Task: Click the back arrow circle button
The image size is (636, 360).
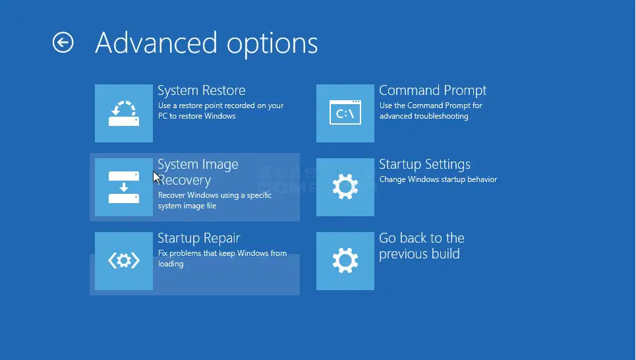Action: tap(63, 43)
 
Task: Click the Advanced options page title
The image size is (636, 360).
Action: tap(206, 44)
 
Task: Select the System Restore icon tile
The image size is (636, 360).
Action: tap(124, 113)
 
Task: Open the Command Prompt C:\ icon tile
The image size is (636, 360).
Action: tap(345, 113)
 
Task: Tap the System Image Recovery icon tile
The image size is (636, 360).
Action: tap(124, 187)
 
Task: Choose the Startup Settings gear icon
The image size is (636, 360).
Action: tap(345, 187)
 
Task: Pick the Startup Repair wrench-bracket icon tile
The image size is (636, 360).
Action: tap(124, 261)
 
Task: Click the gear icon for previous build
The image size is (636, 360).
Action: tap(345, 261)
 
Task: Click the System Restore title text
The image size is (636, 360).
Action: tap(202, 90)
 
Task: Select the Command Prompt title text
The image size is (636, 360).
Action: tap(433, 90)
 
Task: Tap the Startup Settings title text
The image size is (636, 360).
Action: tap(424, 164)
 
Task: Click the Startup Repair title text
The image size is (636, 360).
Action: tap(199, 238)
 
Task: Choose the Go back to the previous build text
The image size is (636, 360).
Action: tap(422, 246)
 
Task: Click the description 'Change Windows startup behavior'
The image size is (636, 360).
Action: tap(438, 179)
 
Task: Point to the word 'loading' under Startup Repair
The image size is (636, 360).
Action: tap(171, 264)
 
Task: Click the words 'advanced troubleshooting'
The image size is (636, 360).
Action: tap(424, 116)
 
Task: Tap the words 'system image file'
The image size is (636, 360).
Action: tap(187, 206)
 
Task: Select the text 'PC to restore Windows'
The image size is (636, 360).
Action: tap(196, 116)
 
